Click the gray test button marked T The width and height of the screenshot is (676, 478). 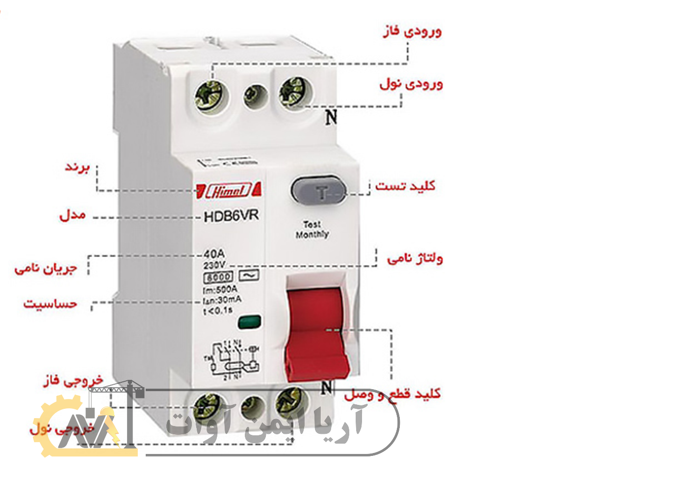click(x=319, y=191)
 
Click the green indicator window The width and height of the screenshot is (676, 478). click(x=249, y=322)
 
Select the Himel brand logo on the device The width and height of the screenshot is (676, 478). click(x=229, y=190)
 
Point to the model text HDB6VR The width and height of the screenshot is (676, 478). click(x=231, y=216)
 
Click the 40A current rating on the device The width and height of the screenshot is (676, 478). click(x=214, y=254)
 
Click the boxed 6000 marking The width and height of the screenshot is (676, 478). click(x=219, y=277)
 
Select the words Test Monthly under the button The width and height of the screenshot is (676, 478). click(x=312, y=230)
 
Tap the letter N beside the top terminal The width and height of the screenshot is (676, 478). click(x=332, y=117)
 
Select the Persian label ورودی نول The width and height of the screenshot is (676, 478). click(x=411, y=84)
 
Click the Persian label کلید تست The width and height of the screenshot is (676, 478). click(x=405, y=186)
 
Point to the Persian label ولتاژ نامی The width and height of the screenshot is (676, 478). click(x=415, y=258)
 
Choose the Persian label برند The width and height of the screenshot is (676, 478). click(x=78, y=167)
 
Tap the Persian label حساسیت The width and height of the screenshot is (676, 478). click(x=50, y=304)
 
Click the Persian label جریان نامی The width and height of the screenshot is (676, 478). click(x=46, y=268)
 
